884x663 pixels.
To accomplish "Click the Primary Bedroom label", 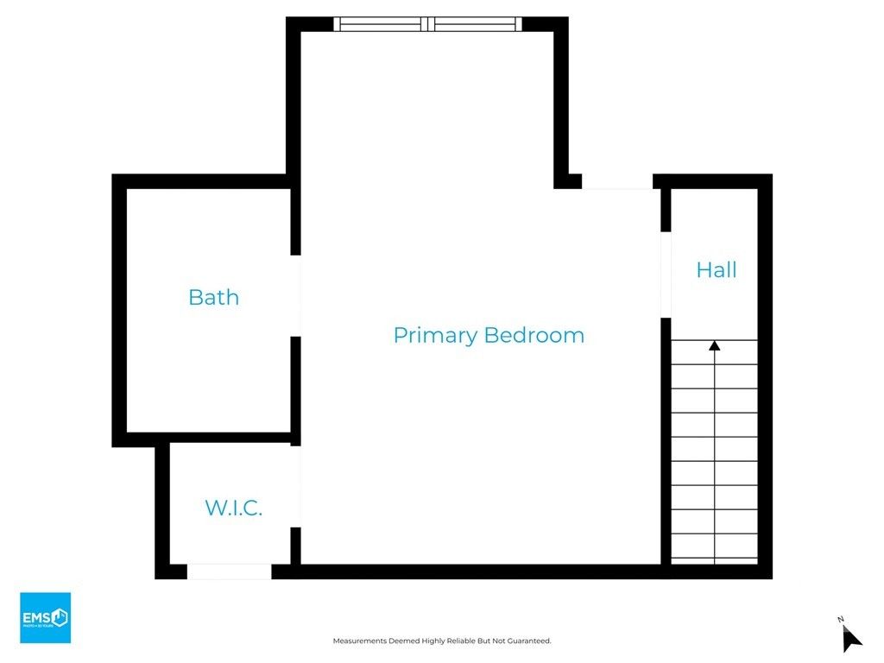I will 489,335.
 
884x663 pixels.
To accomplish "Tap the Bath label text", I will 213,298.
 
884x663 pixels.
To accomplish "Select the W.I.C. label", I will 233,508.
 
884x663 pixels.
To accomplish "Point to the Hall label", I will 717,270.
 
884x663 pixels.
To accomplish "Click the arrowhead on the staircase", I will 714,346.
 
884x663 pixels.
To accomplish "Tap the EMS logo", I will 45,617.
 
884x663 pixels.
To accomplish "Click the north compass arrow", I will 852,639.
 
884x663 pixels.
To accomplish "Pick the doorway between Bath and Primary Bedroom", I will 296,295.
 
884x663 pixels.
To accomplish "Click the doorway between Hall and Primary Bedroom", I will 666,275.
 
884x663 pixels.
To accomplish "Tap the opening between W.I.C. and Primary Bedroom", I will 296,486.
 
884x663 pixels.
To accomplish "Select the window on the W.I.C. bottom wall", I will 230,571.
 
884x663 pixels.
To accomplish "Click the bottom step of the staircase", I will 714,550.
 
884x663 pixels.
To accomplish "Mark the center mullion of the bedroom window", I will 428,24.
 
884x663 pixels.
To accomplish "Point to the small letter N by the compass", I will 840,619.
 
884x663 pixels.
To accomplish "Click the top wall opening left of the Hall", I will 616,182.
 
